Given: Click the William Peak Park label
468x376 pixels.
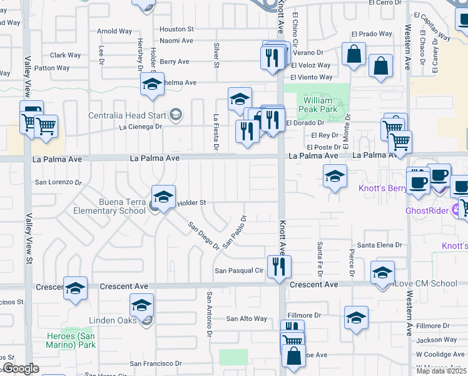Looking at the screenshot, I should (320, 105).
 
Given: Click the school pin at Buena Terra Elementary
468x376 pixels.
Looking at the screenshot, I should (163, 198).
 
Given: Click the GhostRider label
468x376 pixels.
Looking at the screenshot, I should (427, 211).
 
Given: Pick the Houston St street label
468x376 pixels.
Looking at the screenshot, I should (177, 29).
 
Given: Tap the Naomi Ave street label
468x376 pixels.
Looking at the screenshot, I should (176, 40).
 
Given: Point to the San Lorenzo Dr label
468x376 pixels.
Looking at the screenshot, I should (58, 182).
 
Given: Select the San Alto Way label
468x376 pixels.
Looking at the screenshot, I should (247, 318).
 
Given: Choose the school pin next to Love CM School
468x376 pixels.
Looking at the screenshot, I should (382, 273).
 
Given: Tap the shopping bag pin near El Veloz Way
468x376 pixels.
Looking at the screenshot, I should (354, 55).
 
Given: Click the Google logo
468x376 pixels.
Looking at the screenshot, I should (21, 368).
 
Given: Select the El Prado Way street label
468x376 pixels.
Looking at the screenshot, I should (372, 34).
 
